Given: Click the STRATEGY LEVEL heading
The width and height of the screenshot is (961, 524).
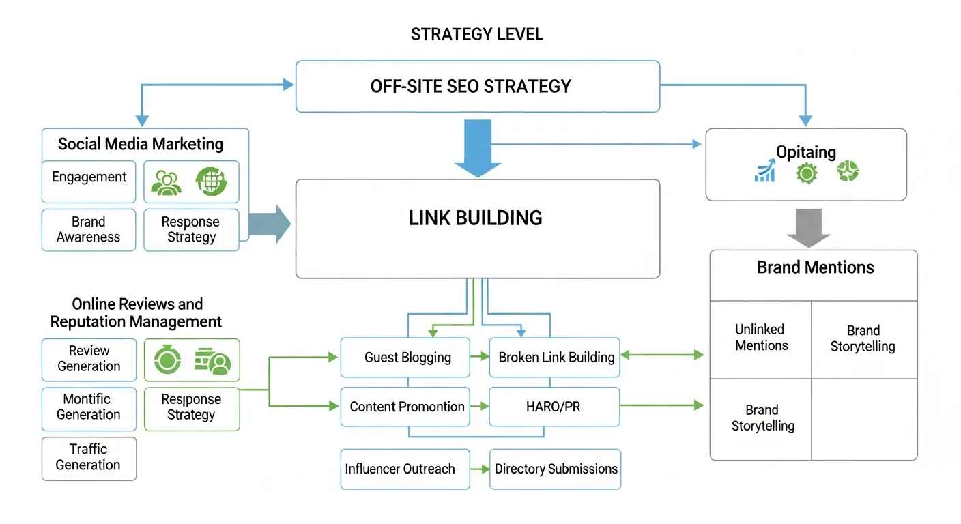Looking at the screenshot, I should (x=477, y=34).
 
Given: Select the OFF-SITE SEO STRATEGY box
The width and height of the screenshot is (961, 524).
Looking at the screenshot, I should (x=477, y=87).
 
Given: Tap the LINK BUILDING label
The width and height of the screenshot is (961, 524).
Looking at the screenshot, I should (x=476, y=218).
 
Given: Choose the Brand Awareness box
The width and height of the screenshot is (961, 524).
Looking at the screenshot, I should (x=89, y=230).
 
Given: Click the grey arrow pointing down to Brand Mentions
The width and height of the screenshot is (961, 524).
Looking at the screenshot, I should (x=808, y=227).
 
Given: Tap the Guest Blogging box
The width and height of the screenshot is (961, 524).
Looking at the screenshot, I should (x=405, y=358).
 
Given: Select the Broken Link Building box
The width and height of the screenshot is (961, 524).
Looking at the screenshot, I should (x=555, y=358).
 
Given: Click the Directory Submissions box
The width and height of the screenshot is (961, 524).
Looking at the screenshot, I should (x=556, y=469).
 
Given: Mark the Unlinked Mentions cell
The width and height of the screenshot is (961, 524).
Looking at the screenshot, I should (x=760, y=338).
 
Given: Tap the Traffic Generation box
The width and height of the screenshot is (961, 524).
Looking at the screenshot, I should (x=89, y=457).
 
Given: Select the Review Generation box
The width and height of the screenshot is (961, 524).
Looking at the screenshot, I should (x=89, y=359).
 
